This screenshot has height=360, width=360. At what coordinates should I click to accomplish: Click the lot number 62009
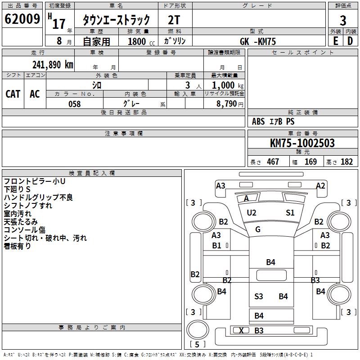[x=22, y=19]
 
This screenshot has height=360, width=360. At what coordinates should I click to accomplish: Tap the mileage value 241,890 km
[x=53, y=65]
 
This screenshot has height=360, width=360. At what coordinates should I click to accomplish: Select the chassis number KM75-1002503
[x=302, y=143]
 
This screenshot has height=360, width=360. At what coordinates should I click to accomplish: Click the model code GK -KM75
[x=257, y=41]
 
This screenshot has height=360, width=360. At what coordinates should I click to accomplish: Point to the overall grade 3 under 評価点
[x=343, y=21]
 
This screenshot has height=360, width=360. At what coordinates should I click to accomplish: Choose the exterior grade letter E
[x=336, y=41]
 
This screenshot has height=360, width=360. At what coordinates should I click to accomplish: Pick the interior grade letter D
[x=350, y=41]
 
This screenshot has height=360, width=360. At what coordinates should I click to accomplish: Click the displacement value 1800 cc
[x=141, y=41]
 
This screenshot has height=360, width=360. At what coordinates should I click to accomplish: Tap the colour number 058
[x=75, y=104]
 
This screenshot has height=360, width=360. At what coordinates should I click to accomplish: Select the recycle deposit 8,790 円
[x=230, y=104]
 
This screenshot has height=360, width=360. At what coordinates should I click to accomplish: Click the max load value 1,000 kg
[x=228, y=85]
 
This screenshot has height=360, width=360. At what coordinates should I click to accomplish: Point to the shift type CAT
[x=13, y=94]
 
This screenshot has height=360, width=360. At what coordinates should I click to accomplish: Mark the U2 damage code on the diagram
[x=252, y=213]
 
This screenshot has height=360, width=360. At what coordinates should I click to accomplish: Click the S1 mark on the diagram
[x=290, y=213]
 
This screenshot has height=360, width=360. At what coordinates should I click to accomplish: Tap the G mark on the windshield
[x=258, y=229]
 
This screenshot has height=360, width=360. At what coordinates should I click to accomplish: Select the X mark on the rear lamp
[x=241, y=330]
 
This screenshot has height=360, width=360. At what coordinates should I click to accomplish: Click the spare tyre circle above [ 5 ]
[x=198, y=330]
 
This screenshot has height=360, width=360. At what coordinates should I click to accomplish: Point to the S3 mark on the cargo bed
[x=258, y=297]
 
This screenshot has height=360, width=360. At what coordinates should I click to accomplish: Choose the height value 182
[x=346, y=162]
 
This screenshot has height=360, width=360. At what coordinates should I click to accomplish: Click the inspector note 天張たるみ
[x=21, y=222]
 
